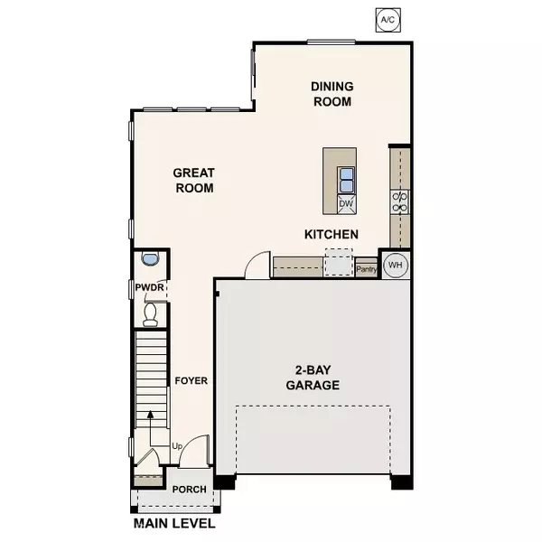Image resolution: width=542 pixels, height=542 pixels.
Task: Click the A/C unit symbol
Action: (x=387, y=18)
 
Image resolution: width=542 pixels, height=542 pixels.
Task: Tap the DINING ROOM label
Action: (x=332, y=94)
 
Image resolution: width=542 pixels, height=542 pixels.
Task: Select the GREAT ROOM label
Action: (x=194, y=181)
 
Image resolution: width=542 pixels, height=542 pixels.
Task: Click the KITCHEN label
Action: (x=332, y=235)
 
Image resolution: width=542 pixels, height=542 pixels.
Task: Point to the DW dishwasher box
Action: (x=345, y=204)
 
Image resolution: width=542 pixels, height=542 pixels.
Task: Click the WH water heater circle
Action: (x=395, y=266)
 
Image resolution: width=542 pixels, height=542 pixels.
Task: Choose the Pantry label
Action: (x=366, y=268)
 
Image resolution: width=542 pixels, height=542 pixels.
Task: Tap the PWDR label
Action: (x=147, y=288)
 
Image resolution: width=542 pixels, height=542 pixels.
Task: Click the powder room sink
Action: (x=150, y=258)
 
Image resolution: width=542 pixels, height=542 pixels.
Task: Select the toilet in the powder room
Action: (x=151, y=313)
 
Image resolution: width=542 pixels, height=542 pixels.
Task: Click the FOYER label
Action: (x=192, y=380)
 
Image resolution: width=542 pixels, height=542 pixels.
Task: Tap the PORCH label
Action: (x=190, y=490)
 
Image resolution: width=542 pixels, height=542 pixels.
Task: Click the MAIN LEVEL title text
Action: (x=174, y=523)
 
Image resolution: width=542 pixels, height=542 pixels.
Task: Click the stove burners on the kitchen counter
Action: (x=399, y=201)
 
